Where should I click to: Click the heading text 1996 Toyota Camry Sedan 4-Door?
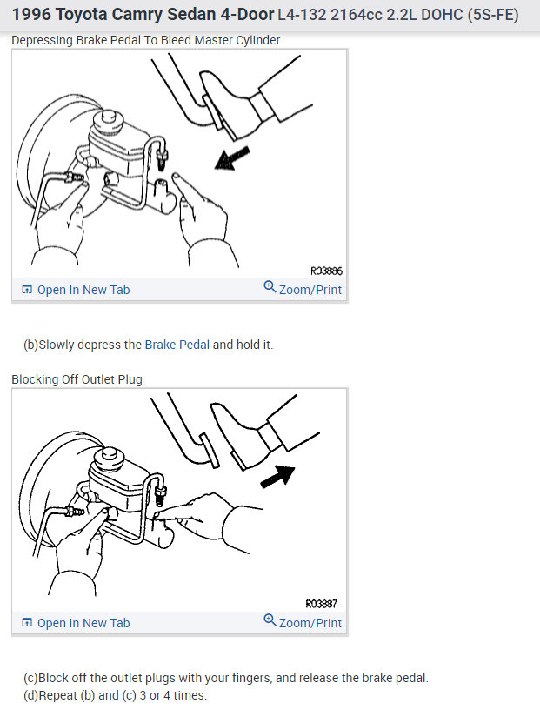point(143,16)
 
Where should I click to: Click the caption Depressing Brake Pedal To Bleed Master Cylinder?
point(146,41)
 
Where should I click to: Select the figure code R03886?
point(326,271)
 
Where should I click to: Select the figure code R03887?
point(322,603)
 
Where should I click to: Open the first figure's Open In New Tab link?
point(83,290)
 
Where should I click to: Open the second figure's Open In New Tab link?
point(83,623)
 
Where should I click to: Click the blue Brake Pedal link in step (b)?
point(177,345)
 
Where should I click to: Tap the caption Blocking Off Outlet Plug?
point(77,379)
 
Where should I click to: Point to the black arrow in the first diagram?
point(232,159)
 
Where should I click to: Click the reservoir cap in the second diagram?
point(109,455)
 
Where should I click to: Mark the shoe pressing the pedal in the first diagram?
point(229,103)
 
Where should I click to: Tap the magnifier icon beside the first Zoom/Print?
point(270,288)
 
